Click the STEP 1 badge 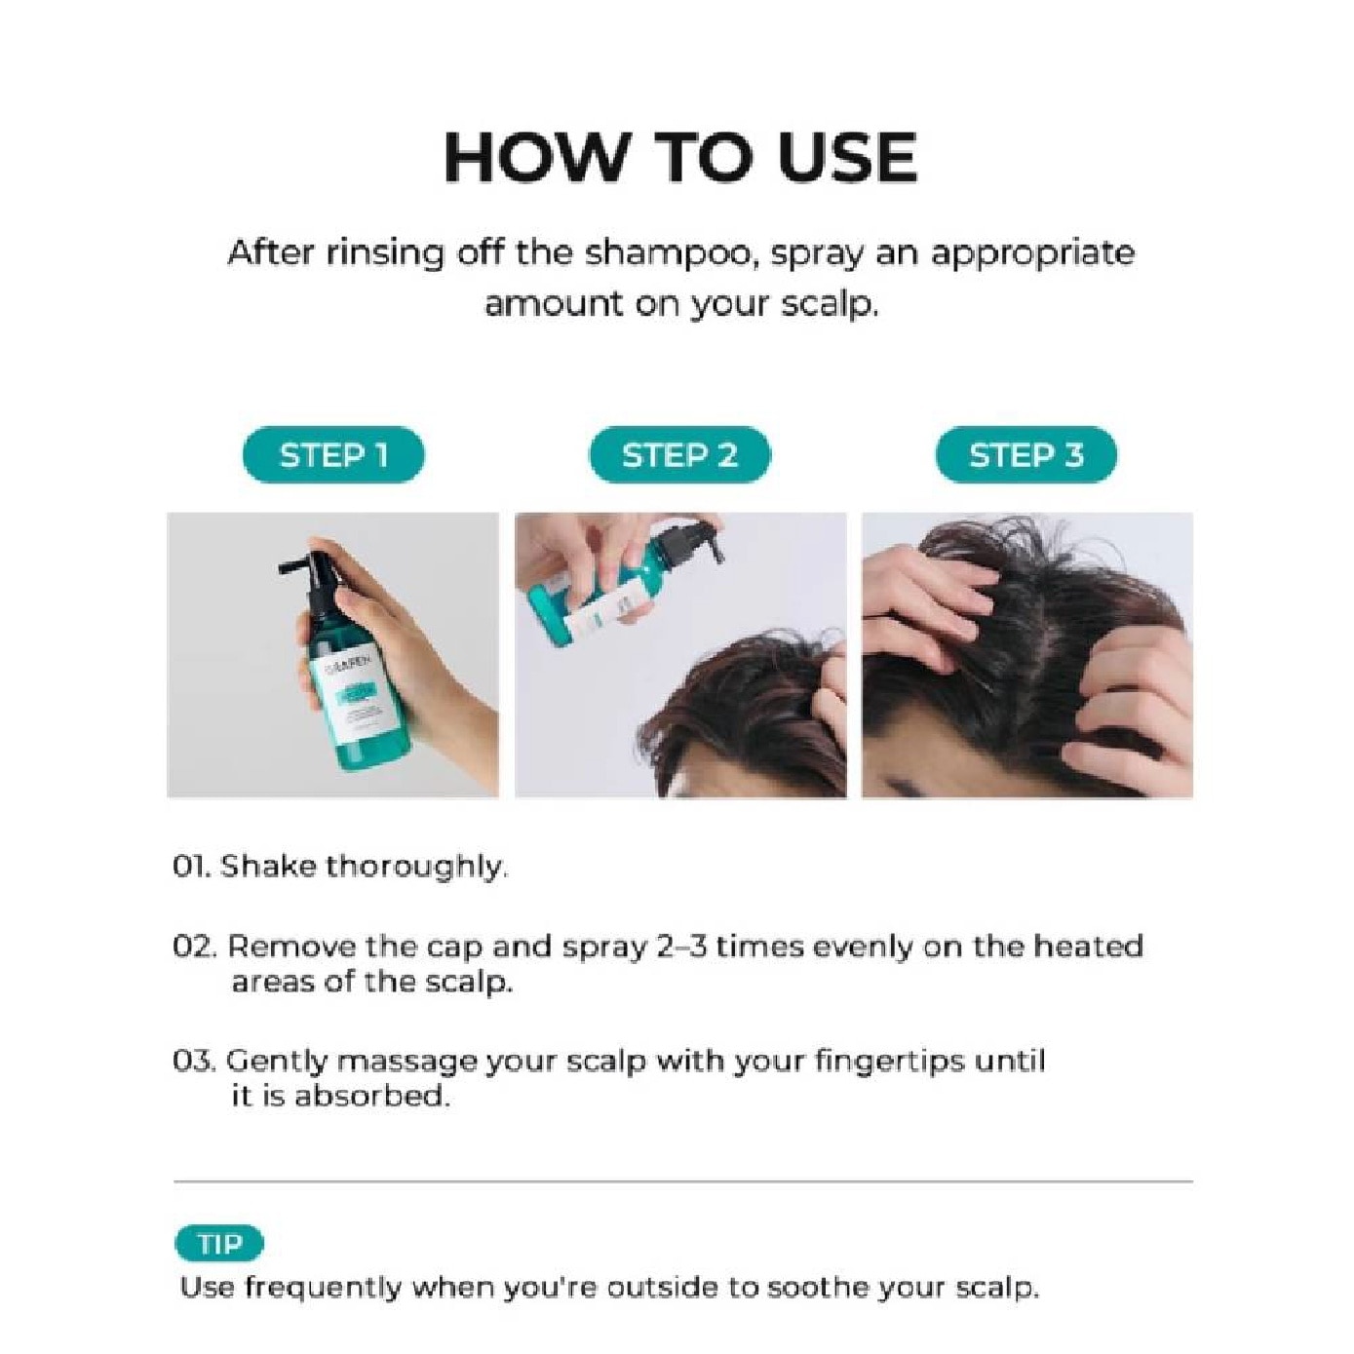[333, 454]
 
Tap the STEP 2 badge [679, 454]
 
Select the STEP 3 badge [1025, 454]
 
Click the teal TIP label [219, 1244]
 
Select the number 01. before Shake [194, 867]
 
